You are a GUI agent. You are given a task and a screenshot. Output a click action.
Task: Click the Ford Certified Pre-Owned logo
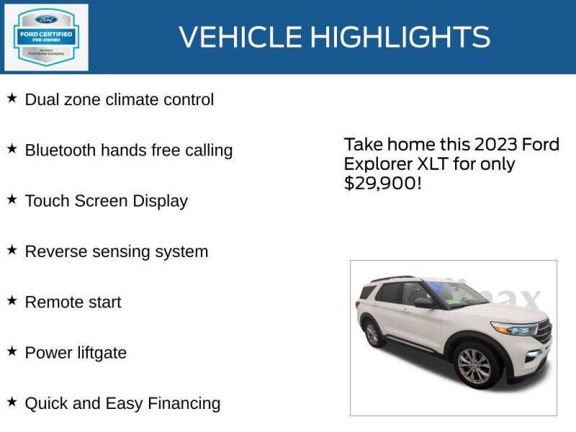click(x=47, y=37)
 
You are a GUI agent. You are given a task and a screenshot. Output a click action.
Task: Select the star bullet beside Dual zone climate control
click(x=12, y=98)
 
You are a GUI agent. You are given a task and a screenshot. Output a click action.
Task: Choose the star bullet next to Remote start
click(x=12, y=300)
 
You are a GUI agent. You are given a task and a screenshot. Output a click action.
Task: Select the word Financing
click(x=184, y=403)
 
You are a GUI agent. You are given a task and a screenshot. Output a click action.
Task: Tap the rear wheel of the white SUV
click(x=372, y=333)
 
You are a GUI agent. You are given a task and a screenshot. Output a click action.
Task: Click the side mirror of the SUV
click(x=425, y=302)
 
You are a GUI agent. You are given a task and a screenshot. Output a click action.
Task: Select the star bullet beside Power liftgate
click(x=12, y=351)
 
